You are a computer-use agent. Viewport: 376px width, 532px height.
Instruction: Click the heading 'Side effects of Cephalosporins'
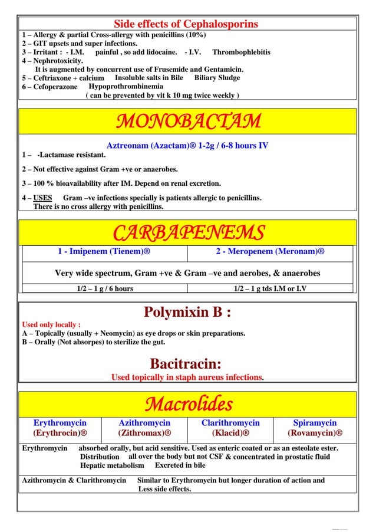coord(186,24)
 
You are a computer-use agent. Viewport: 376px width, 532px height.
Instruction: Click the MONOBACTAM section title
coord(188,121)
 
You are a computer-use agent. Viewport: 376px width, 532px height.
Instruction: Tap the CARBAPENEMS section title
coord(188,232)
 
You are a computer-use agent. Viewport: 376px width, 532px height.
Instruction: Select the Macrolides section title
coord(188,404)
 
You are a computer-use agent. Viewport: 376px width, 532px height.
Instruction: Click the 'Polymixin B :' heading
coord(187,311)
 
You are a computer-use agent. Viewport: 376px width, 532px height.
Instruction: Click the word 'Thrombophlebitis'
coord(241,52)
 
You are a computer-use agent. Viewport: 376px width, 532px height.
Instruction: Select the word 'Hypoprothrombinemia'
coord(126,86)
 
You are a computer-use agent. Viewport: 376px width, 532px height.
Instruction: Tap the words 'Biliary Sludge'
coord(217,78)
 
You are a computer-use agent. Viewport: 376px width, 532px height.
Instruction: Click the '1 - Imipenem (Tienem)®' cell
coord(104,252)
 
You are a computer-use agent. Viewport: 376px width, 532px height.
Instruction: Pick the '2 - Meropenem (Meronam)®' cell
coord(270,252)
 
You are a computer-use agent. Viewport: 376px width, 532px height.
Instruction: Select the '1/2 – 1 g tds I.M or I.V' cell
coord(270,288)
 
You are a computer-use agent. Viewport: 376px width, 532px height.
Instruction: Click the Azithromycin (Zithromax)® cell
coord(144,428)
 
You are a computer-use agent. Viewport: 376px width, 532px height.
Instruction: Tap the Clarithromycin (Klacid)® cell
coord(230,428)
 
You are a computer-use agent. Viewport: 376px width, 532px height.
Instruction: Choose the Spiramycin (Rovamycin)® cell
coord(315,428)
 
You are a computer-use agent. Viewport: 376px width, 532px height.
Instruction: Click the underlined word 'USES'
coord(42,198)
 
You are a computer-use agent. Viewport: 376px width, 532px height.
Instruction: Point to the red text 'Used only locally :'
coord(51,324)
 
